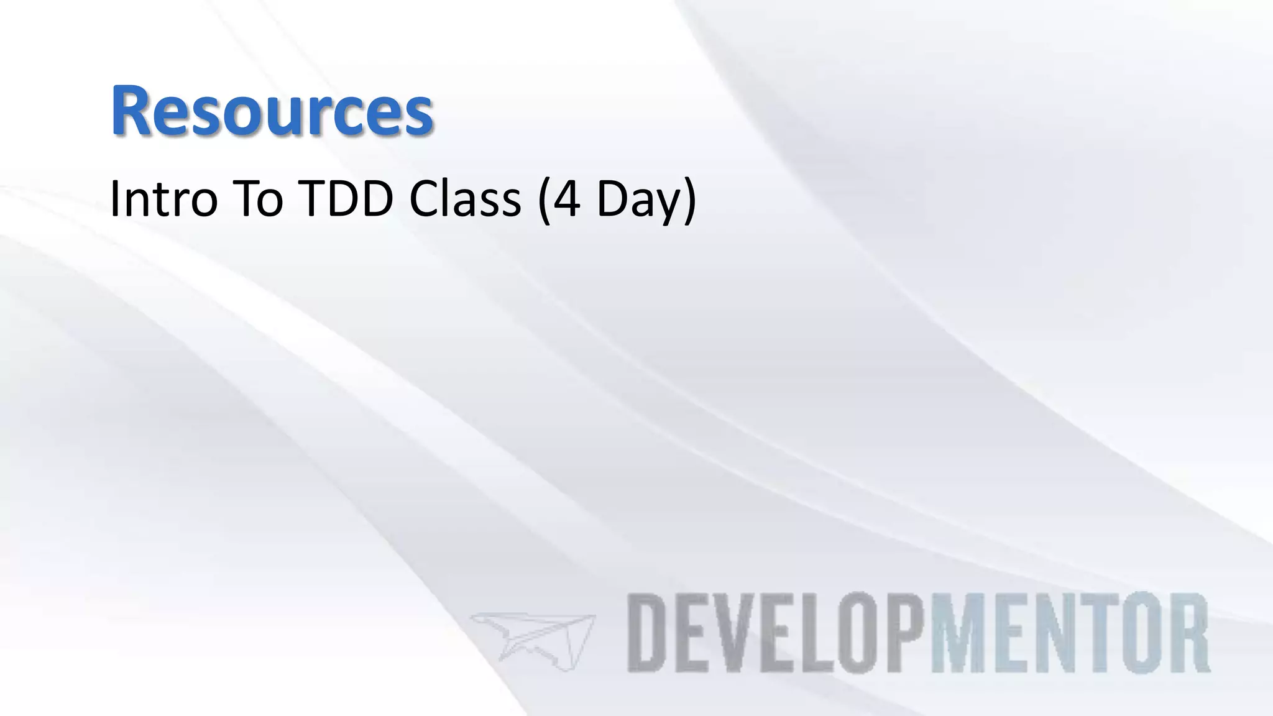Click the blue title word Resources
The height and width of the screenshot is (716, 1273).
(272, 111)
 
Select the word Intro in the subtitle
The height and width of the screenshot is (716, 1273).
(163, 200)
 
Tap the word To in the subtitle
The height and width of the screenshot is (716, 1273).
(260, 200)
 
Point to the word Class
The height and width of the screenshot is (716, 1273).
(465, 200)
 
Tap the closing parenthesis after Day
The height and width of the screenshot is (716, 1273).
(689, 201)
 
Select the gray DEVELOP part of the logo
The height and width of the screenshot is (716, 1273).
(779, 633)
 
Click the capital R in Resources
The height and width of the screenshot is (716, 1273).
(132, 111)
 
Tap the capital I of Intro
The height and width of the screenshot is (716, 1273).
(114, 200)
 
